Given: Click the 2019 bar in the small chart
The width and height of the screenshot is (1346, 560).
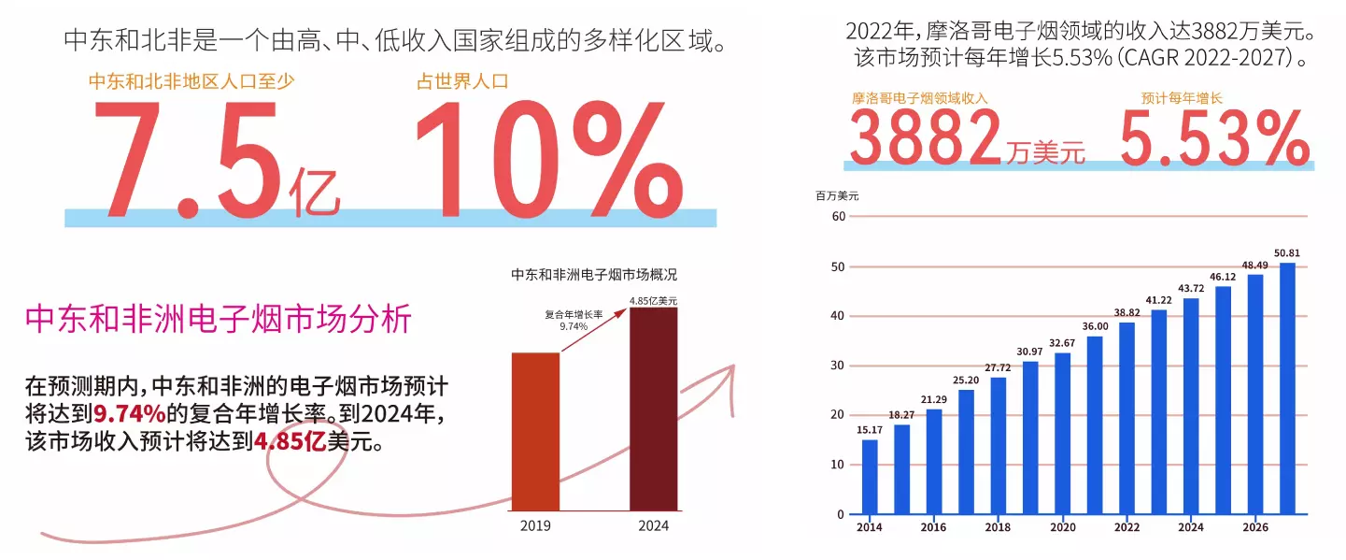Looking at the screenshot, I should (535, 431).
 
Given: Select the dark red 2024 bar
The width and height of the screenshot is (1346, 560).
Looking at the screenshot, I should (653, 409).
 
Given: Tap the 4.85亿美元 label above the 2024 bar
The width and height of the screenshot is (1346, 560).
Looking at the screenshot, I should (653, 301).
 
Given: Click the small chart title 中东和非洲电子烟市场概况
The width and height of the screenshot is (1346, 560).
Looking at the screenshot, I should (594, 275).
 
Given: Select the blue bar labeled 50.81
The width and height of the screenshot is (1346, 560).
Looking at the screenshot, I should (1287, 388).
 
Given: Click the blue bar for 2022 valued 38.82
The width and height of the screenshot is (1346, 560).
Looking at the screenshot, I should (1126, 418).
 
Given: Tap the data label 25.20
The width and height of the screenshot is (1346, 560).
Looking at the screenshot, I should (966, 381).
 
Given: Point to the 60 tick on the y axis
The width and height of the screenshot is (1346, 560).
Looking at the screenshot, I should (837, 217).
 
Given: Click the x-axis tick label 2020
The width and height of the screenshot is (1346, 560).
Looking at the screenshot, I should (1062, 527).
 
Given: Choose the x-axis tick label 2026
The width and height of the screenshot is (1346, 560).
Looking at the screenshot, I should (1254, 527).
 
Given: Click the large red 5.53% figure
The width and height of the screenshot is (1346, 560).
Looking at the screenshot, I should (1214, 137).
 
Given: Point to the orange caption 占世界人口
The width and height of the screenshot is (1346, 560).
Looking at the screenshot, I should (462, 81).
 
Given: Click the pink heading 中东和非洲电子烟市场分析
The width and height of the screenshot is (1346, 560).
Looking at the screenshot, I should (218, 320).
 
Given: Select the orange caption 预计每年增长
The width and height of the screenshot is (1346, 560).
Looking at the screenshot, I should (1182, 97).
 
